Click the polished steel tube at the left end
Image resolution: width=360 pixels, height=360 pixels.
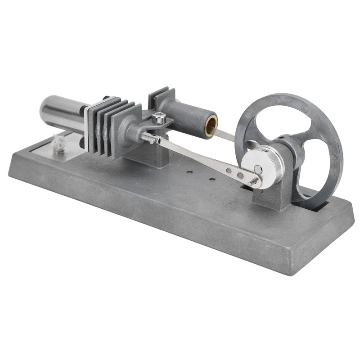point(61,112)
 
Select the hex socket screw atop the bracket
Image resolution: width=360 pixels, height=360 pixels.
point(158,118)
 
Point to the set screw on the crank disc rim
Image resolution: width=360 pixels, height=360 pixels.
point(266,150)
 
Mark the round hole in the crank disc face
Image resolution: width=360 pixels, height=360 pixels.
point(258,169)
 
